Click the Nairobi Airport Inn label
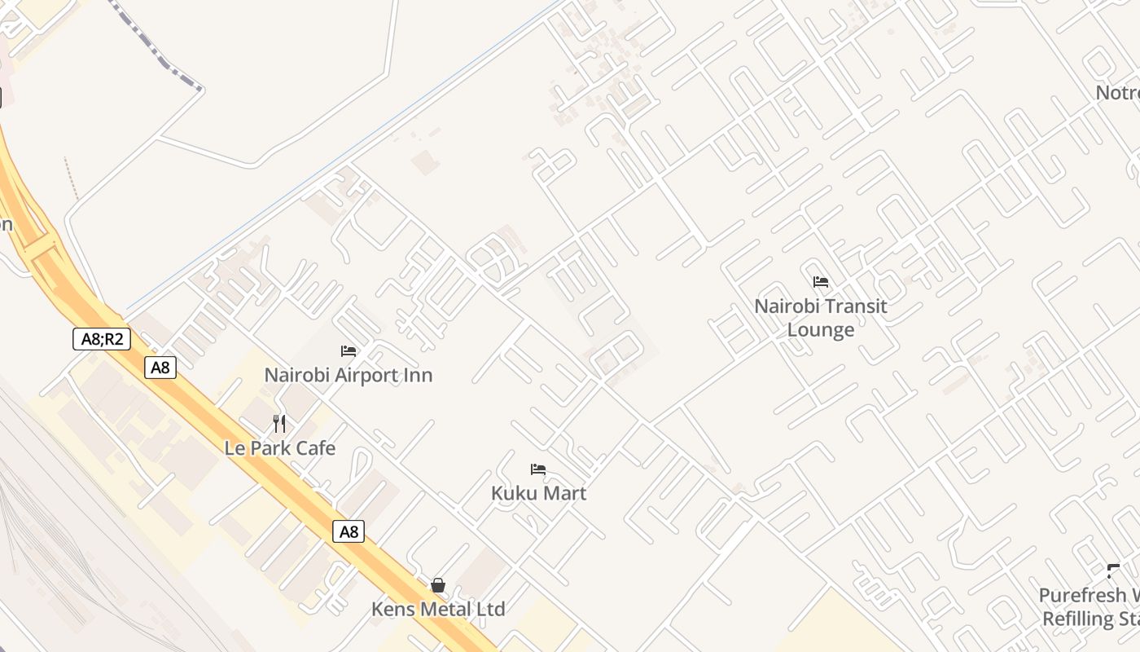(348, 375)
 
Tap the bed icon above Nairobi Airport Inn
(349, 351)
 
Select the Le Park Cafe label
(279, 448)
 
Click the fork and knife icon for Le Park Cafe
(279, 424)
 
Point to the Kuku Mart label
(538, 493)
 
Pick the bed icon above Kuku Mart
(537, 469)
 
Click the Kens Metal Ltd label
(438, 609)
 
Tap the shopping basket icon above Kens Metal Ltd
(438, 585)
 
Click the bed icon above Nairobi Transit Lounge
(821, 282)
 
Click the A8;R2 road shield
(102, 338)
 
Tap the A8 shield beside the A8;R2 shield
(160, 368)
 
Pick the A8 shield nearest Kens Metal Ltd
(349, 532)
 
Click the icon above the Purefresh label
(1113, 570)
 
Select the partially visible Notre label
(1116, 93)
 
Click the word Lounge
(820, 330)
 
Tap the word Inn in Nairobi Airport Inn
(415, 375)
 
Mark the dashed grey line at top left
(155, 49)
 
